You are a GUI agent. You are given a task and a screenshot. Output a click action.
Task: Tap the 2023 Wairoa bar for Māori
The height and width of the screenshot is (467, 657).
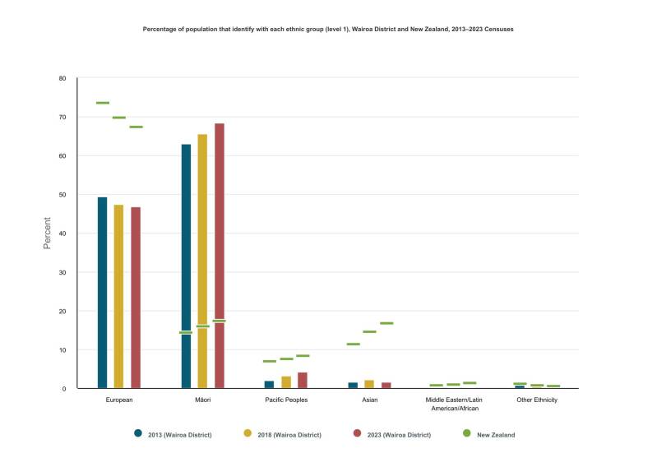point(220,256)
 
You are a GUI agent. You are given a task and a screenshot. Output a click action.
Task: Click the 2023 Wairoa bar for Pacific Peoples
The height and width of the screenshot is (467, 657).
point(303,380)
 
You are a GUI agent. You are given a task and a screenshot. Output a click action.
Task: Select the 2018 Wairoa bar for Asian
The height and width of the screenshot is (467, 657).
point(369,384)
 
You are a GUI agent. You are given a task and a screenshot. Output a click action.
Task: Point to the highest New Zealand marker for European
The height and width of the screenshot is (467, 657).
point(102,103)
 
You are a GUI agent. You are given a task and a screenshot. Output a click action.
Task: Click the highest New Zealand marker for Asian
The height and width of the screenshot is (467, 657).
point(386,323)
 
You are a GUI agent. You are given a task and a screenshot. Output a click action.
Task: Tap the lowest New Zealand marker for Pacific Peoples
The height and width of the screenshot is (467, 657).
point(269,361)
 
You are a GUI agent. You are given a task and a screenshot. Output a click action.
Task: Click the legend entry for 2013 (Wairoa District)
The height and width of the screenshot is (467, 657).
point(174,434)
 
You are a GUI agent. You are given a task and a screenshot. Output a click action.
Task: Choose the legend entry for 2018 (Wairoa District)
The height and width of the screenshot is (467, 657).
point(284,434)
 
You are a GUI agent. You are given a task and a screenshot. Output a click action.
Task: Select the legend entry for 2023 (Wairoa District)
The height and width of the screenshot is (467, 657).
point(392,434)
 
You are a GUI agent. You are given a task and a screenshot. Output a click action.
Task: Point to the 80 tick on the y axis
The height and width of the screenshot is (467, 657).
point(62,78)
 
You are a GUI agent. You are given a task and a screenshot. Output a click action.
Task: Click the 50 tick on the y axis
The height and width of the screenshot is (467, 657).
point(62,195)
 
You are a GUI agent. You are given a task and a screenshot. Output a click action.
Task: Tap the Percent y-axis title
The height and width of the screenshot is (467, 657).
point(47,233)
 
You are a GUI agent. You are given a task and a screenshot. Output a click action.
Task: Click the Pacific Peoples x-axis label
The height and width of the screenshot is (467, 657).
point(286,400)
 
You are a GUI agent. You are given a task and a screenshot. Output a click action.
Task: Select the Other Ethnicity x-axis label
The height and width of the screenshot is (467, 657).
point(537,400)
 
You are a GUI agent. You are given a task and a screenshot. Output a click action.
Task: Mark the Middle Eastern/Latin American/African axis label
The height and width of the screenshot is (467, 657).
point(453,404)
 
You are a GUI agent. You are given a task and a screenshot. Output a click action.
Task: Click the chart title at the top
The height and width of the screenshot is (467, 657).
point(329,29)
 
